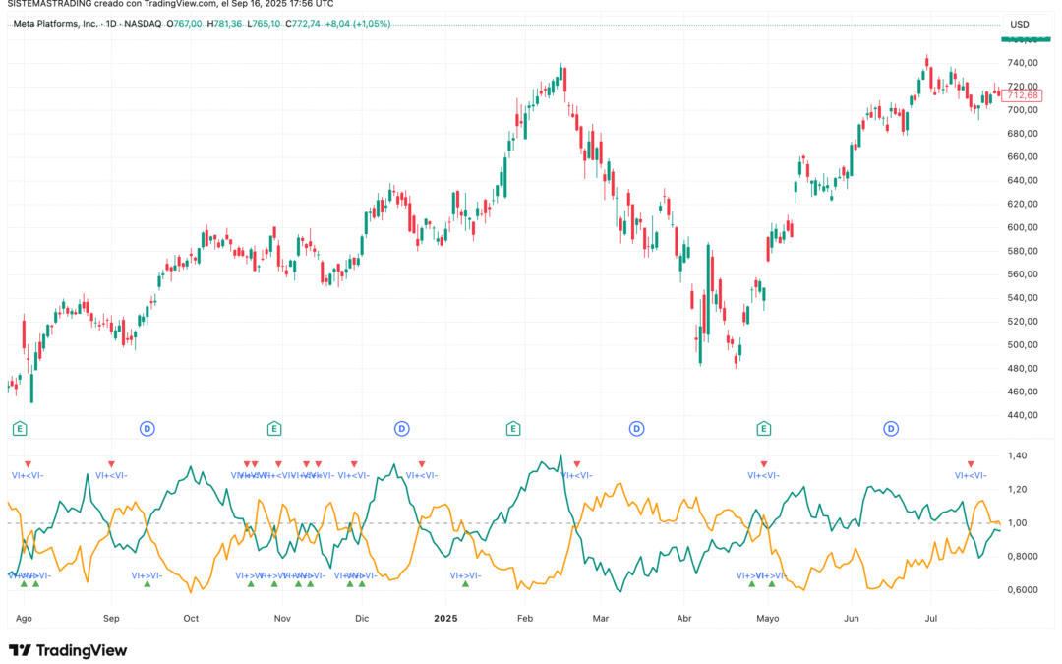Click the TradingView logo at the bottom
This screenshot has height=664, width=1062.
pyautogui.click(x=67, y=650)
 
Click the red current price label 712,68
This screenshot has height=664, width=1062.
pyautogui.click(x=1023, y=95)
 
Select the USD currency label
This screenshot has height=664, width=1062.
pyautogui.click(x=1020, y=24)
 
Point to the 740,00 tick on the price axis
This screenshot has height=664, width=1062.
pyautogui.click(x=1023, y=63)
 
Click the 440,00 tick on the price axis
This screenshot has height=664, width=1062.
pyautogui.click(x=1023, y=415)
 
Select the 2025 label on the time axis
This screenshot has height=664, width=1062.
pyautogui.click(x=446, y=618)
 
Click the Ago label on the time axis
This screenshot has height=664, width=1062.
pyautogui.click(x=25, y=618)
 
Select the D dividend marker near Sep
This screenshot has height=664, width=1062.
pyautogui.click(x=147, y=428)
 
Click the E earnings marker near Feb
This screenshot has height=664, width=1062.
pyautogui.click(x=512, y=428)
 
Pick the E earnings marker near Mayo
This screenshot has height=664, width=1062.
pyautogui.click(x=763, y=428)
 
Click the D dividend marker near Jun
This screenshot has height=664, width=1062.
pyautogui.click(x=890, y=428)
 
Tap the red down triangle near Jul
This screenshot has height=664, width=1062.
pyautogui.click(x=971, y=463)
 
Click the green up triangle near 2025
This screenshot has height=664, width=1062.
pyautogui.click(x=465, y=584)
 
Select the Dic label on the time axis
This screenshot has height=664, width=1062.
pyautogui.click(x=362, y=618)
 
